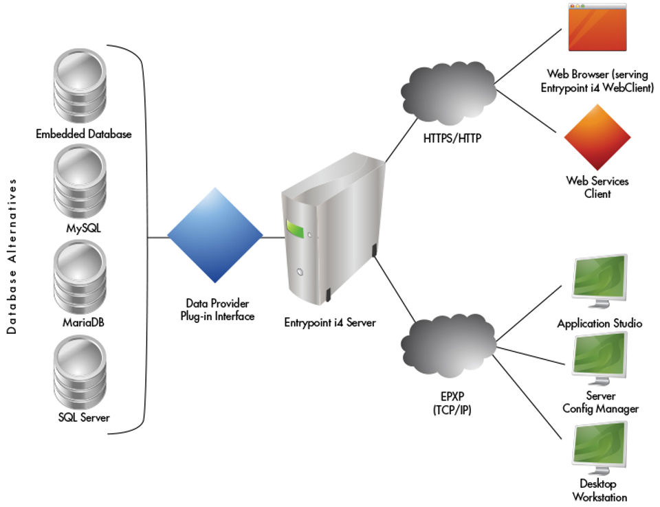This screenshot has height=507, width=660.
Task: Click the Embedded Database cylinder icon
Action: click(80, 85)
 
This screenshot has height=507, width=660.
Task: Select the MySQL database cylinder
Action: click(80, 183)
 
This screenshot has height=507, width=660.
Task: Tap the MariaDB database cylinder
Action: click(80, 277)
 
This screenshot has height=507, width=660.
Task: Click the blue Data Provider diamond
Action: click(215, 238)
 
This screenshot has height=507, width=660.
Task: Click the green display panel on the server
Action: click(295, 229)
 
